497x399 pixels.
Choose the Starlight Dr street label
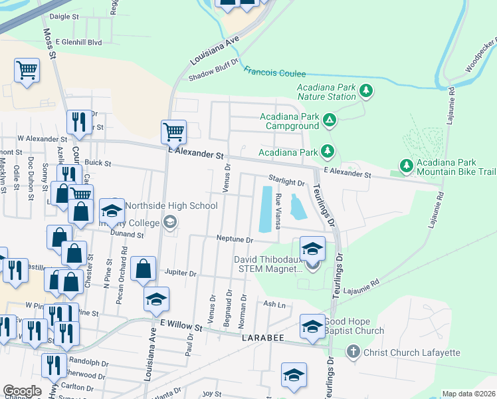[286, 181]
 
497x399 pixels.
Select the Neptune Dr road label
[235, 239]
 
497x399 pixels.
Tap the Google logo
[22, 391]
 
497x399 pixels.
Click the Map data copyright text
[468, 394]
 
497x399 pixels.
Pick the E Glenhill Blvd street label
[78, 42]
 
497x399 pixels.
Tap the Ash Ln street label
[274, 304]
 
